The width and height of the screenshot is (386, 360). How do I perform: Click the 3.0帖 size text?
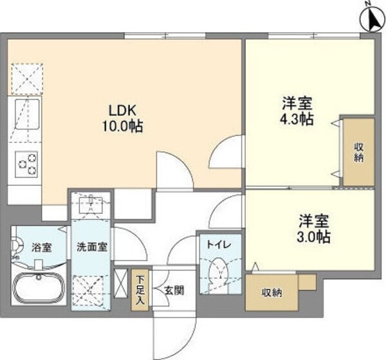point(313,237)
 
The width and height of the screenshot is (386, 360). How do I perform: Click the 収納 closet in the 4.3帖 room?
point(357,152)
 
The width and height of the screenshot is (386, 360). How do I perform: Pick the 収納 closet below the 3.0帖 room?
point(271,293)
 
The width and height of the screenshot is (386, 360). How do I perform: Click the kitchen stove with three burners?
point(26,163)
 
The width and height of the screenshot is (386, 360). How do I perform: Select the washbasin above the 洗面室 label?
point(91,204)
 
